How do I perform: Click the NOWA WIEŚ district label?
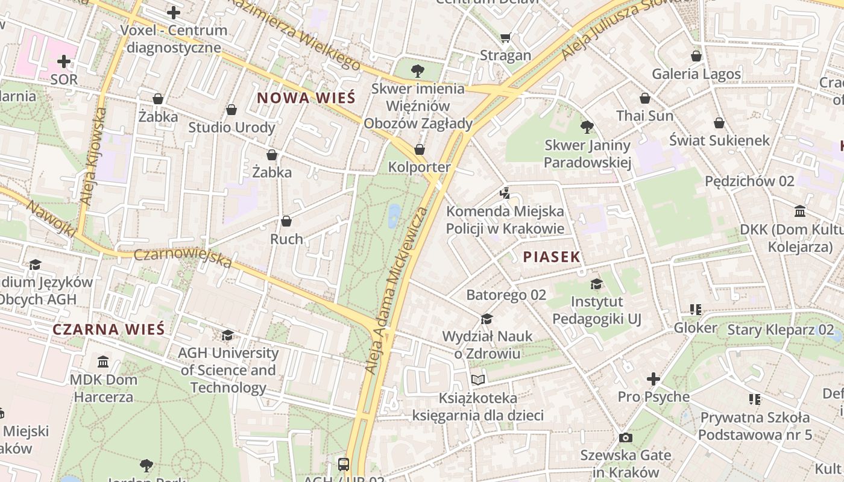pos(306,98)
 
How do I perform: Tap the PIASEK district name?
pos(552,257)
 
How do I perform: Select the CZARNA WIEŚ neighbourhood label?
pos(108,330)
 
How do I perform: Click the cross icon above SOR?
pos(64,61)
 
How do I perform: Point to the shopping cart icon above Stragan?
pos(505,38)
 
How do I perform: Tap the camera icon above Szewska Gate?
pos(626,437)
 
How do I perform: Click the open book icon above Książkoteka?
pos(478,380)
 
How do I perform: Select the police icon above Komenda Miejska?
pos(505,193)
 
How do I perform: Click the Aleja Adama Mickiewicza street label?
pos(396,289)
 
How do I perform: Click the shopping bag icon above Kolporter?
pos(420,149)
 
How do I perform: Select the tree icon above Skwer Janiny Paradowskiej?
pos(587,127)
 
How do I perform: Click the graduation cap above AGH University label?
pos(227,335)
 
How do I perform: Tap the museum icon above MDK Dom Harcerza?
pos(103,362)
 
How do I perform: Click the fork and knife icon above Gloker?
pos(695,310)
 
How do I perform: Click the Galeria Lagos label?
pos(696,74)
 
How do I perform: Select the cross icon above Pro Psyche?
pos(653,379)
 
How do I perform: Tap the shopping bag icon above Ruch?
pos(286,221)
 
